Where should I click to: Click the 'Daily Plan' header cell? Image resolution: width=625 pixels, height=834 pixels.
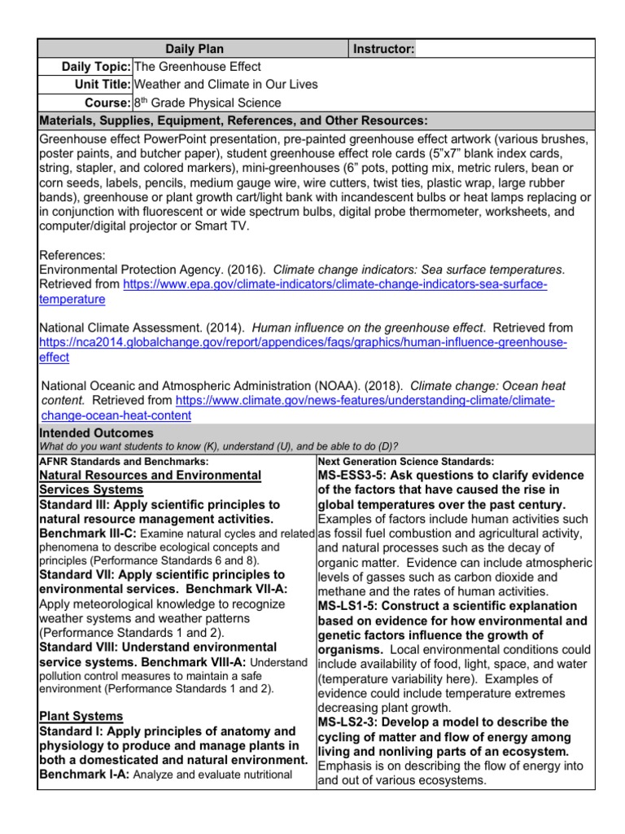tap(194, 50)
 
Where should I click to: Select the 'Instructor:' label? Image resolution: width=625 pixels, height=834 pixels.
tap(384, 50)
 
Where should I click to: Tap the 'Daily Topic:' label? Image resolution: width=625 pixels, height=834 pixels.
tap(97, 67)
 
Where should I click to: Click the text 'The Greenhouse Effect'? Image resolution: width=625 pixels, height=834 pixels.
tap(197, 67)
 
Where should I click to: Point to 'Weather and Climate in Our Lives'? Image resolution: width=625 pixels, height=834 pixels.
tap(225, 85)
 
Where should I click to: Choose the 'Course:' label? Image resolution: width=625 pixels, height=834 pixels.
tap(107, 103)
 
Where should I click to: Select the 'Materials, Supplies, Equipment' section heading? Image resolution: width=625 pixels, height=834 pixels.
tap(234, 121)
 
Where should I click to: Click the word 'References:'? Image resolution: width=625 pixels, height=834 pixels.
tap(72, 255)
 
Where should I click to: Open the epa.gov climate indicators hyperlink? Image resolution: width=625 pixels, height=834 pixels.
tap(334, 284)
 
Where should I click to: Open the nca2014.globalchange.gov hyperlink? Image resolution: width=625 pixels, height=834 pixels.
tap(303, 342)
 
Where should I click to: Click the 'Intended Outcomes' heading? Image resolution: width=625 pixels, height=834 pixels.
tap(96, 433)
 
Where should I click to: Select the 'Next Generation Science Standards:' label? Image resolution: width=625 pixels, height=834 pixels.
tap(405, 461)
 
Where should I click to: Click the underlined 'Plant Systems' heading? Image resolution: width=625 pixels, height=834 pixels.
tap(81, 716)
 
